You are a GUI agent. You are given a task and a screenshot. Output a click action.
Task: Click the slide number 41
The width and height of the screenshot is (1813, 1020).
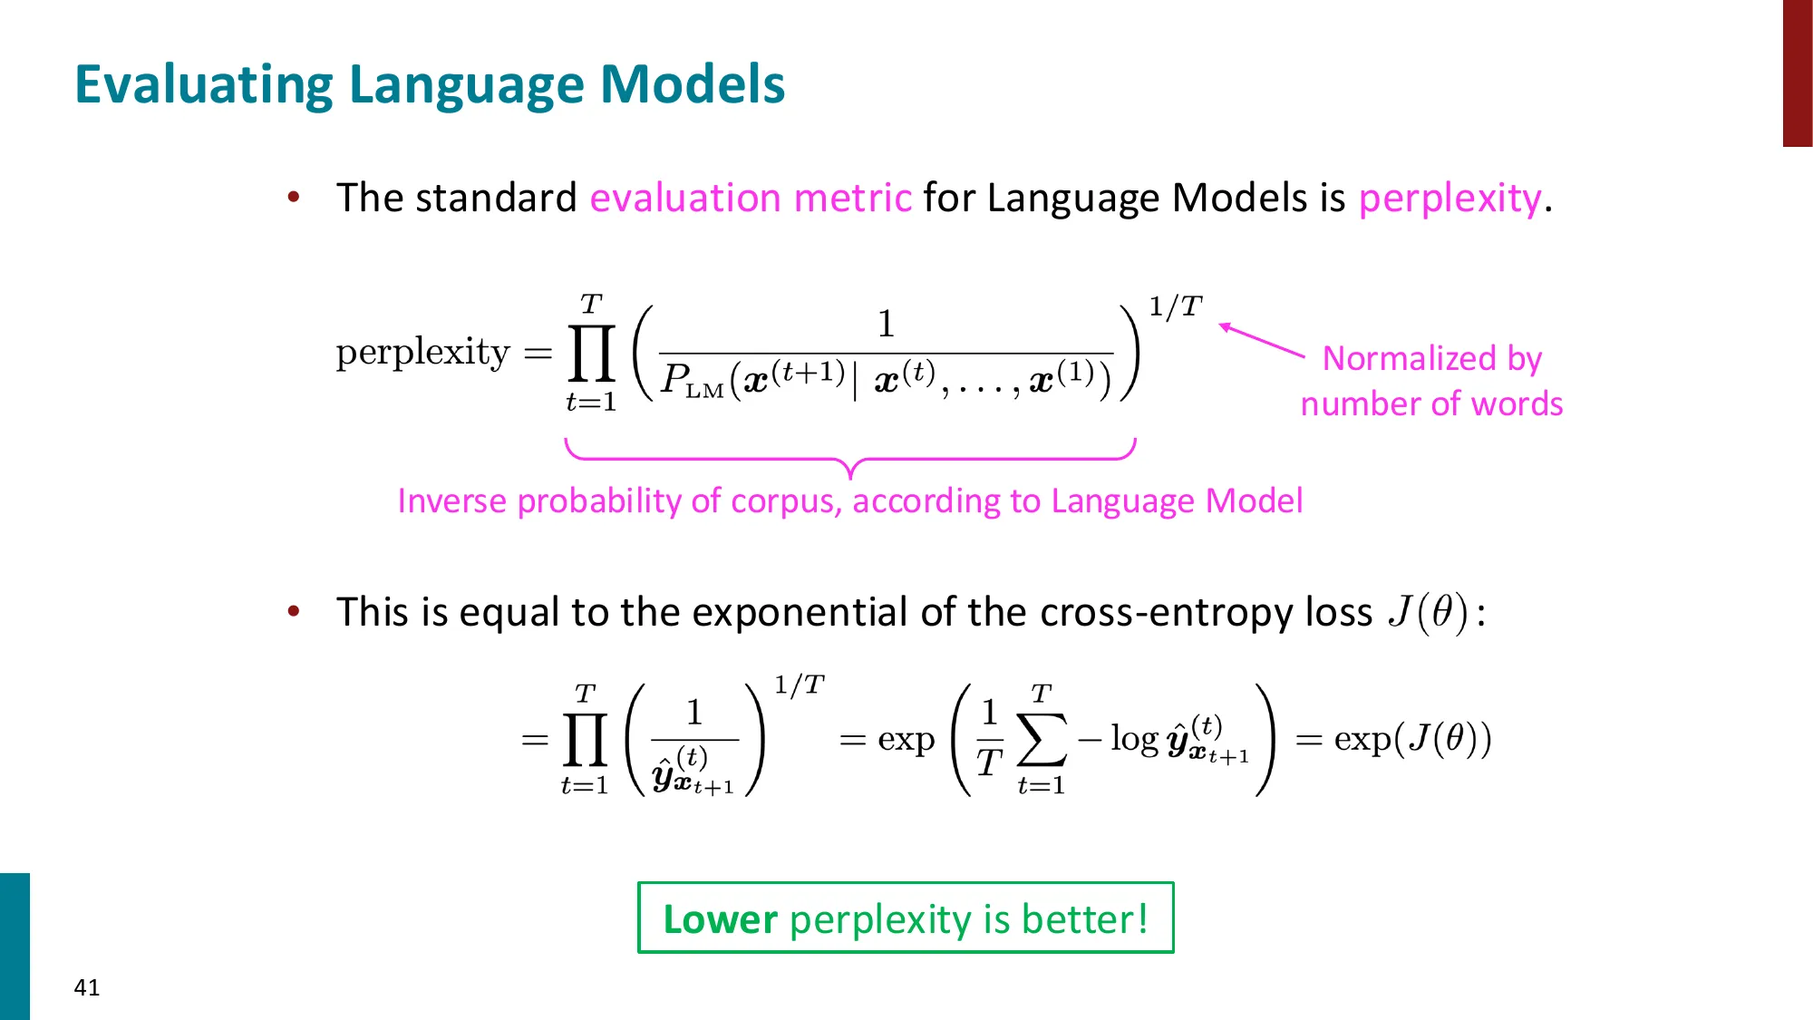pyautogui.click(x=87, y=987)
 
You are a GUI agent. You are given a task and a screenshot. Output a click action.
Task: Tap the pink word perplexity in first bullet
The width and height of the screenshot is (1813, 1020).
pyautogui.click(x=1449, y=198)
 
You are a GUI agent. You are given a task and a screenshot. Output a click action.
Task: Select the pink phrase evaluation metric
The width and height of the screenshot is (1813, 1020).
pyautogui.click(x=751, y=198)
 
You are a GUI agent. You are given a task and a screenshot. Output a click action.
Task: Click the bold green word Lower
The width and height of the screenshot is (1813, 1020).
pyautogui.click(x=720, y=919)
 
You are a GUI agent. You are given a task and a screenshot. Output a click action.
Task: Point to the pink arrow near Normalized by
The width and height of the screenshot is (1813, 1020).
pyautogui.click(x=1262, y=341)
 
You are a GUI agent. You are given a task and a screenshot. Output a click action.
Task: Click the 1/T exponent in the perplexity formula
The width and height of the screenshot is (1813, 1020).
pyautogui.click(x=1175, y=306)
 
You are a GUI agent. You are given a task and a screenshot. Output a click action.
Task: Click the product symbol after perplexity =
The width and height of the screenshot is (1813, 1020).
pyautogui.click(x=591, y=354)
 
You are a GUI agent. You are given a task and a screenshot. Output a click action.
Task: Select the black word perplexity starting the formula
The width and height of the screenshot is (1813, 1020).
pyautogui.click(x=422, y=352)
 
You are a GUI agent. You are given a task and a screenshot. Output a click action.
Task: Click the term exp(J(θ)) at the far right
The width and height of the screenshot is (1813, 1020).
pyautogui.click(x=1411, y=739)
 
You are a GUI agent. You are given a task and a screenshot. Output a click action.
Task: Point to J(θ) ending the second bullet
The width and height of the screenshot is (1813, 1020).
pyautogui.click(x=1428, y=612)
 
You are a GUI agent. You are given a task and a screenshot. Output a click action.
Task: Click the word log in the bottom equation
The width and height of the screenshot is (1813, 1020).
pyautogui.click(x=1134, y=739)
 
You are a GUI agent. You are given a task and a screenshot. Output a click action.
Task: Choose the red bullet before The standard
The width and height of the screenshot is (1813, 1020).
pyautogui.click(x=294, y=198)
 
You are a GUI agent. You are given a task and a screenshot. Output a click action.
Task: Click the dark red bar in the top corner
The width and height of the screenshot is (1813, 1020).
pyautogui.click(x=1797, y=73)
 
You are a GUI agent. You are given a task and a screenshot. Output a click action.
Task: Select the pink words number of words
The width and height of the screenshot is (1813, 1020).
pyautogui.click(x=1431, y=404)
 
